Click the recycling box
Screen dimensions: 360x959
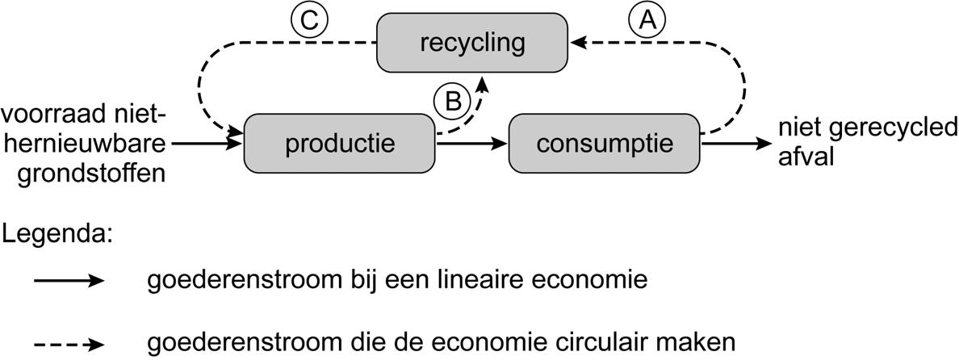(472, 42)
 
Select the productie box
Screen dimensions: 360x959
(339, 144)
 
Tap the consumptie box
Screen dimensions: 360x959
(604, 144)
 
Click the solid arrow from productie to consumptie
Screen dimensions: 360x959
(471, 144)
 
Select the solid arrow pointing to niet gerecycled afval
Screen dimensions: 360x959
(735, 144)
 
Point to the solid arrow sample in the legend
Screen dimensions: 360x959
(69, 281)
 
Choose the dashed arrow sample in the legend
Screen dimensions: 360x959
(69, 342)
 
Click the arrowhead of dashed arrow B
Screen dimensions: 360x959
(484, 82)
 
